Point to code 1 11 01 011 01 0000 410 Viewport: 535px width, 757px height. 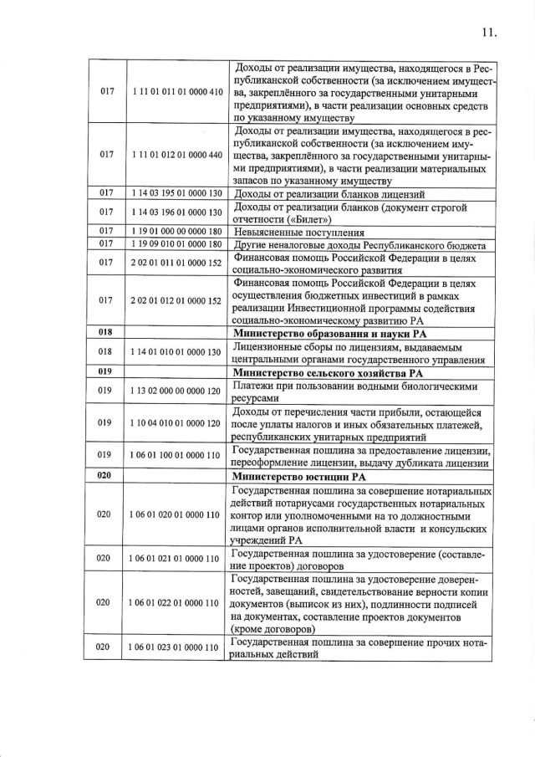tap(177, 90)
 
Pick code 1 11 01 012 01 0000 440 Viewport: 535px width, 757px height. tap(177, 156)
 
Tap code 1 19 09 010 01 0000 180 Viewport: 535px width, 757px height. tap(177, 244)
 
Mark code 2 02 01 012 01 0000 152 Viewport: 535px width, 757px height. tap(177, 300)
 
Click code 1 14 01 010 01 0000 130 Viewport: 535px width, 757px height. tap(177, 352)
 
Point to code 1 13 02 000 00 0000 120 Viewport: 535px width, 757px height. tap(177, 389)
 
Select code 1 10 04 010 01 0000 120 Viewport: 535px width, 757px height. tap(177, 422)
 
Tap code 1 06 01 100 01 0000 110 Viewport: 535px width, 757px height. tap(177, 456)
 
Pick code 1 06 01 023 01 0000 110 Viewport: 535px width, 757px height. tap(177, 648)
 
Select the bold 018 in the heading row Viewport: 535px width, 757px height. tap(106, 332)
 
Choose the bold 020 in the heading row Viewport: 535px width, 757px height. tap(106, 476)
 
